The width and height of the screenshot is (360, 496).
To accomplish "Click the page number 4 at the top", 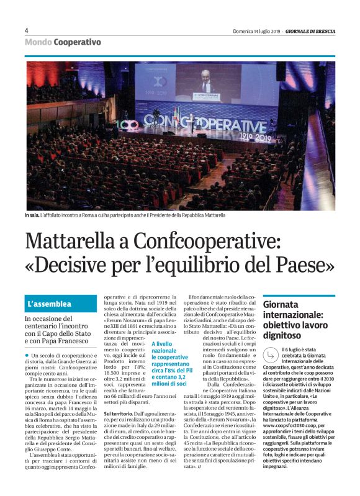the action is [27, 30].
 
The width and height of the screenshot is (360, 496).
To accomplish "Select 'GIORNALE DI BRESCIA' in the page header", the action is [310, 31].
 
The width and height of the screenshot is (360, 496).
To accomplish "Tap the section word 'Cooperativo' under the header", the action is [77, 42].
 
